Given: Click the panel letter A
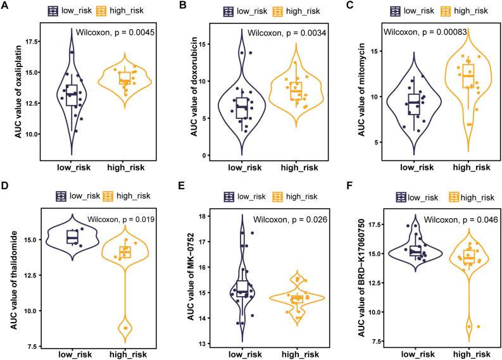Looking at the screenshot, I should [5, 7].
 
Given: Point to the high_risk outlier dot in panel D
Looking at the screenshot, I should [126, 328].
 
